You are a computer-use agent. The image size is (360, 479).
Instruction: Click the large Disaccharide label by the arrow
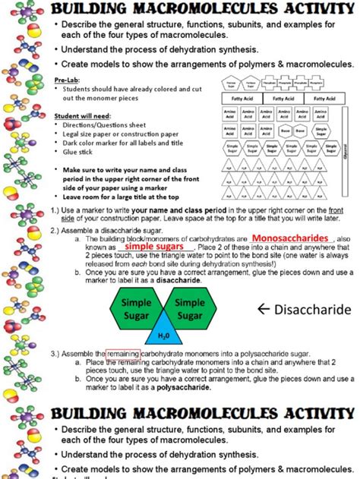pos(311,310)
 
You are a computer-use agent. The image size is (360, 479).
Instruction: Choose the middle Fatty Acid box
pos(283,98)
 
